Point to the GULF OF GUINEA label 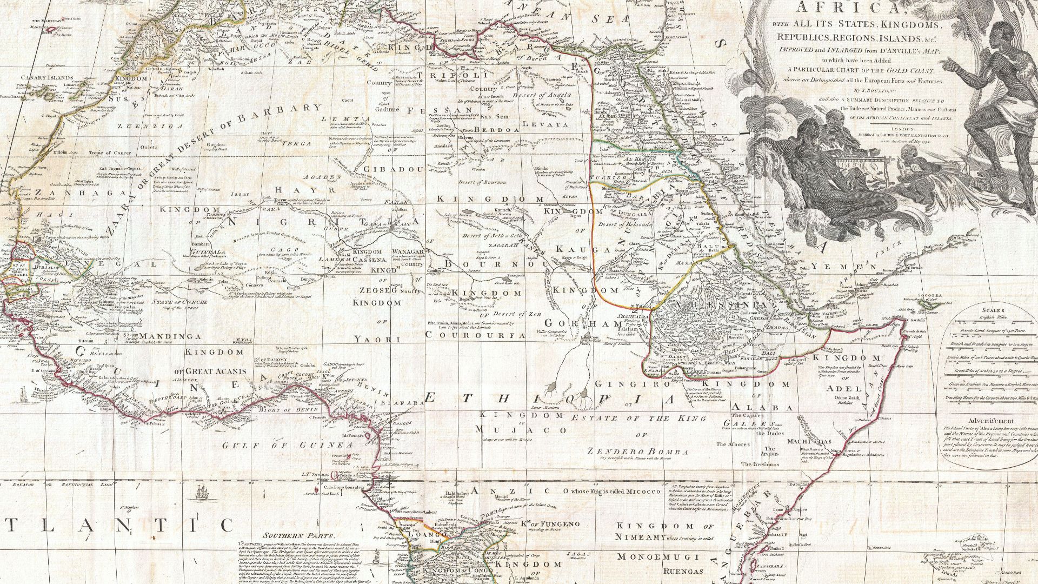pyautogui.click(x=287, y=446)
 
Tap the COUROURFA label pyautogui.click(x=475, y=335)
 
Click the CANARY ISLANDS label pyautogui.click(x=47, y=78)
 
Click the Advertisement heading pyautogui.click(x=991, y=421)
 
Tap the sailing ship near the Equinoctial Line pyautogui.click(x=202, y=493)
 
